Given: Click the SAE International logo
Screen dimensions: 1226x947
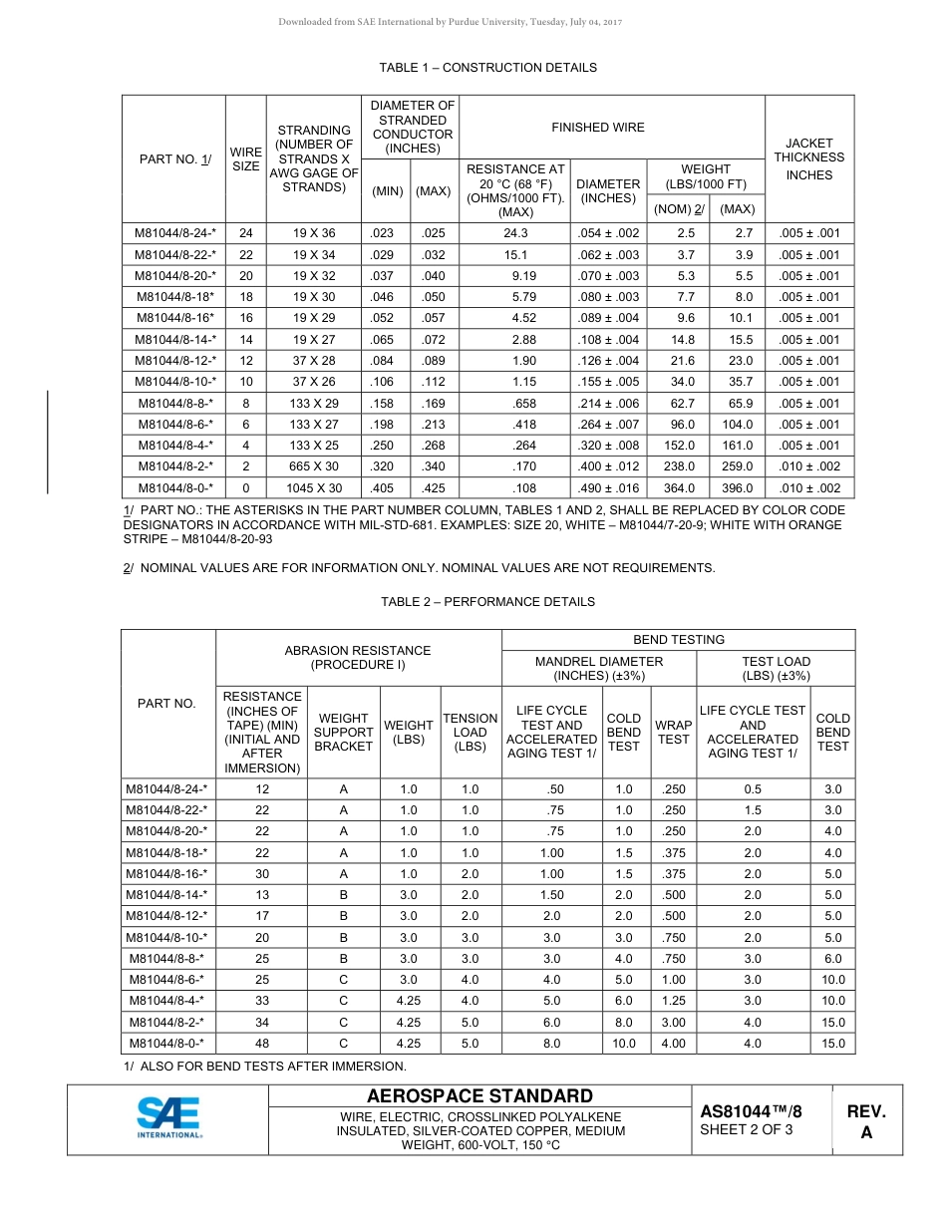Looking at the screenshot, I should pos(169,1118).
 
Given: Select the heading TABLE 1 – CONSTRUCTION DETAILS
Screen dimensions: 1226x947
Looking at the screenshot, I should pos(487,68).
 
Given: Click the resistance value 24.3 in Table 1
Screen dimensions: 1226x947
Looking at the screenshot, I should pos(516,233).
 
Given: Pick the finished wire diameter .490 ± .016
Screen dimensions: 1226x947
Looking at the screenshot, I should pos(608,488).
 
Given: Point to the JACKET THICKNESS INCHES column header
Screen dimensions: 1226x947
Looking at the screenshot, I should pos(808,158).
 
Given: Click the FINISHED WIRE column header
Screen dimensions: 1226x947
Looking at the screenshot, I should pos(612,128).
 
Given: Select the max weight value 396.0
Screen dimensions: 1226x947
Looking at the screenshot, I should pos(737,488).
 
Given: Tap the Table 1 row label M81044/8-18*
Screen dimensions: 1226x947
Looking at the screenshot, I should pos(174,297).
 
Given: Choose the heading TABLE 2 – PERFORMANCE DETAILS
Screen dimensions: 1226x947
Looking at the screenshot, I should pos(487,602).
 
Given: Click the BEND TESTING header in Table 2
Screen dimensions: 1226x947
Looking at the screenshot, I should pos(678,640).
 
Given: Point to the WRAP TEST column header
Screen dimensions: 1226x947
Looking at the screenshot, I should pos(673,733).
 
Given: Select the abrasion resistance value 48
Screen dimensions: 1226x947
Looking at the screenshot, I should pos(262,1044).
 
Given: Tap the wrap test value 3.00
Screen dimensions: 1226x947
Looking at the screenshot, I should pos(673,1023).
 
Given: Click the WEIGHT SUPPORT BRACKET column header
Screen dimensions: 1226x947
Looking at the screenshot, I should pos(343,733).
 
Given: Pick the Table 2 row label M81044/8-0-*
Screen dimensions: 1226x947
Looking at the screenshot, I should pos(167,1044).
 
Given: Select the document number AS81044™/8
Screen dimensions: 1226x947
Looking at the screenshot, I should pos(751,1111).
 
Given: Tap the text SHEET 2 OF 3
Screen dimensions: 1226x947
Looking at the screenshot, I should pos(747,1130).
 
